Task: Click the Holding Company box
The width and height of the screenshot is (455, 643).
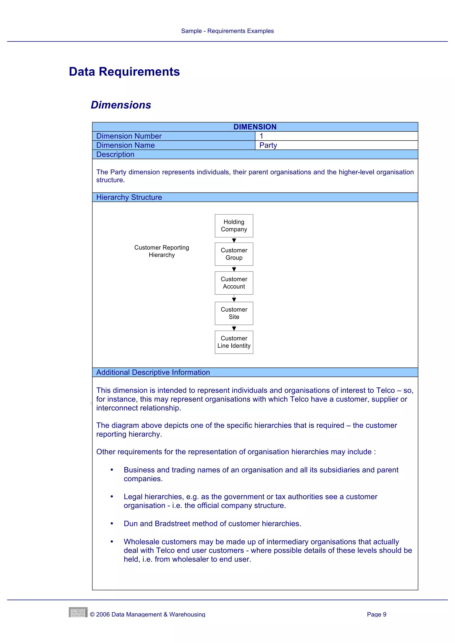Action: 234,226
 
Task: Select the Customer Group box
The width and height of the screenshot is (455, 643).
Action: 234,254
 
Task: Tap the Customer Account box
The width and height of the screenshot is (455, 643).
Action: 234,283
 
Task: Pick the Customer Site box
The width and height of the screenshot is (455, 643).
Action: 234,313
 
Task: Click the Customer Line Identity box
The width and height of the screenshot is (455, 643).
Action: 234,342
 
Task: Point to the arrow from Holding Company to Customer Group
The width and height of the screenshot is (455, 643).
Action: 234,240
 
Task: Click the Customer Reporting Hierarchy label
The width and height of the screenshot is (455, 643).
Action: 162,251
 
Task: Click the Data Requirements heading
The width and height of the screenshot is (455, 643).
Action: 124,72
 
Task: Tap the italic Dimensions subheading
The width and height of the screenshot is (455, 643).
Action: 121,105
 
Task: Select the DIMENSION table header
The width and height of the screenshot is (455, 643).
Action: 255,127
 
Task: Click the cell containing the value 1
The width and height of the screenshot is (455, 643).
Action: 336,136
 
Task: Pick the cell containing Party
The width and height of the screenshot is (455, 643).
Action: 336,145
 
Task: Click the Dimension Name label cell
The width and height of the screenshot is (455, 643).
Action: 174,145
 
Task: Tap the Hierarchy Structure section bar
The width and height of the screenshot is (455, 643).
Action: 255,197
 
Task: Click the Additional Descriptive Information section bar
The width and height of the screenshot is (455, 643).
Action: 255,372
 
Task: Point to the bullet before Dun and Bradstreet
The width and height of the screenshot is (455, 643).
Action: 112,523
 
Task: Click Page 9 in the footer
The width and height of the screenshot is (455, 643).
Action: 377,614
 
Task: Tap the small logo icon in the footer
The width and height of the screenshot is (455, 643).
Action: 78,612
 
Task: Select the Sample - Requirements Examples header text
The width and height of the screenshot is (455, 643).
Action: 227,31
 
